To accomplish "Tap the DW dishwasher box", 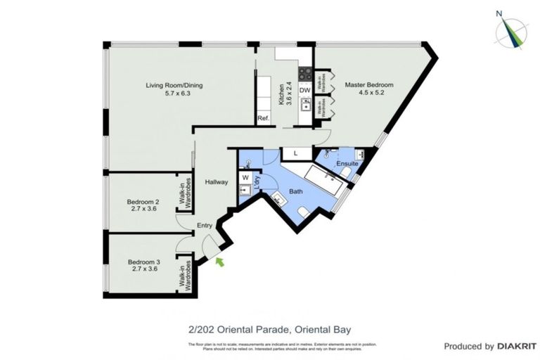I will tap(304, 90).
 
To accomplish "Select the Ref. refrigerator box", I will tap(264, 118).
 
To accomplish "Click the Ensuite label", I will tap(347, 164).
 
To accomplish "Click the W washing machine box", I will tap(245, 178).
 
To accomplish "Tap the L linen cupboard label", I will tap(295, 153).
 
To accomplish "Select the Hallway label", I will tap(216, 182).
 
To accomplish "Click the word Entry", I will tap(205, 225).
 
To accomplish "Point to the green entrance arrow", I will tap(220, 262).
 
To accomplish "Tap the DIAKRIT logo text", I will tap(517, 346).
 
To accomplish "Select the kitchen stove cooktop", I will tap(305, 72).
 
